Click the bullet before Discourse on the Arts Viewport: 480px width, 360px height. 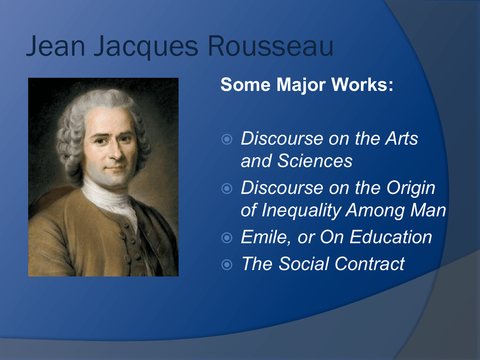point(226,140)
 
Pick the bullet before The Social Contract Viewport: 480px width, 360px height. point(226,265)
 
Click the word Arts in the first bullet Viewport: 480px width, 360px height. point(401,139)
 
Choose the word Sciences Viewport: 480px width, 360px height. point(315,161)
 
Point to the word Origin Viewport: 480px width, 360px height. point(411,188)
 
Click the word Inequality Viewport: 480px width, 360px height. point(300,211)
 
